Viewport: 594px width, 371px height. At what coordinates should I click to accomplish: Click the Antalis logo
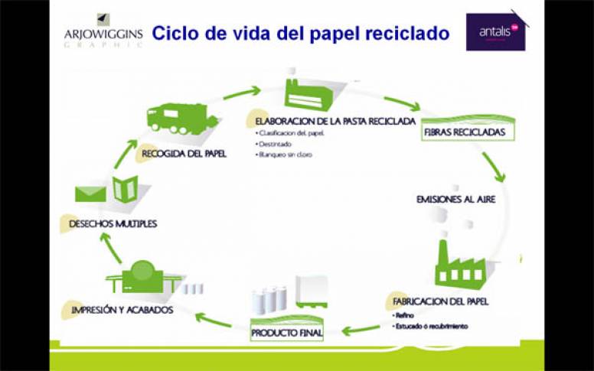coord(495,32)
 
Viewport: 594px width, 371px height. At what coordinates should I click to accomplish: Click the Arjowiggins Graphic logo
coord(103,32)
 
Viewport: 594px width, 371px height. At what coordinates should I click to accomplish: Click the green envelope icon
coord(90,192)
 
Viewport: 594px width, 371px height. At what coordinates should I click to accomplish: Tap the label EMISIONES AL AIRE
coord(456,199)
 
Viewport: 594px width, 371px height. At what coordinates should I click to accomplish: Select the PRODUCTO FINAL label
coord(287,334)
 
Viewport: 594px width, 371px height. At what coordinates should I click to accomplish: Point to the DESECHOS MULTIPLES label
coord(113,224)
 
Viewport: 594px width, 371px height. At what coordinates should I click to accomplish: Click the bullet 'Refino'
coord(405,315)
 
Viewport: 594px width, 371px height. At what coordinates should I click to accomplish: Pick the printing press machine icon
coord(143,276)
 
